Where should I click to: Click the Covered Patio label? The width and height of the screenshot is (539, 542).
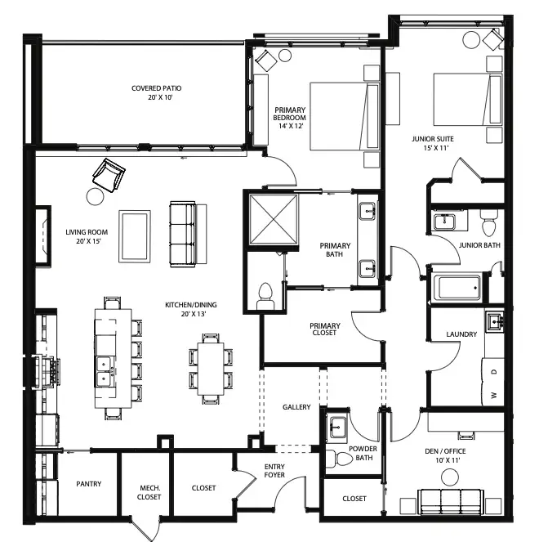[157, 88]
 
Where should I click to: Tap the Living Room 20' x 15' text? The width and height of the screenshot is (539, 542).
[87, 236]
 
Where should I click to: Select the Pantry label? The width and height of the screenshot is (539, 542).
[89, 484]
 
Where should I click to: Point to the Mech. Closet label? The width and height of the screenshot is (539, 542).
[149, 493]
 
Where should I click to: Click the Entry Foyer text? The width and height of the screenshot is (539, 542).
[274, 471]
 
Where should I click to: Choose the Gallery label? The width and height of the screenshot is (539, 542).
[296, 407]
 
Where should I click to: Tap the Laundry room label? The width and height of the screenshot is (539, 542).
[461, 334]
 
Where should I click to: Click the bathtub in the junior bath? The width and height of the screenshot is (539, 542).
[459, 288]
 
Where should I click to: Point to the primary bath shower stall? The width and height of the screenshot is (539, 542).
[274, 219]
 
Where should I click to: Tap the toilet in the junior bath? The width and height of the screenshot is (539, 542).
[488, 222]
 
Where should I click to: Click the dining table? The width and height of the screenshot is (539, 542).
[211, 369]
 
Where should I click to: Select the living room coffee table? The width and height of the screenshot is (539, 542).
[135, 236]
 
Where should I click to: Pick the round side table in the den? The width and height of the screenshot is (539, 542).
[450, 477]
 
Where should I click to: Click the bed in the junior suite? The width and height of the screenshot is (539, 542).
[467, 99]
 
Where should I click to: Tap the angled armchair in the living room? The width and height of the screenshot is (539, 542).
[109, 175]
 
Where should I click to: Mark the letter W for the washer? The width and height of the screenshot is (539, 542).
[494, 395]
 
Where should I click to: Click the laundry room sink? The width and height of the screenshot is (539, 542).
[494, 322]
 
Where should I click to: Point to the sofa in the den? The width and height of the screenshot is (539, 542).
[451, 502]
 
